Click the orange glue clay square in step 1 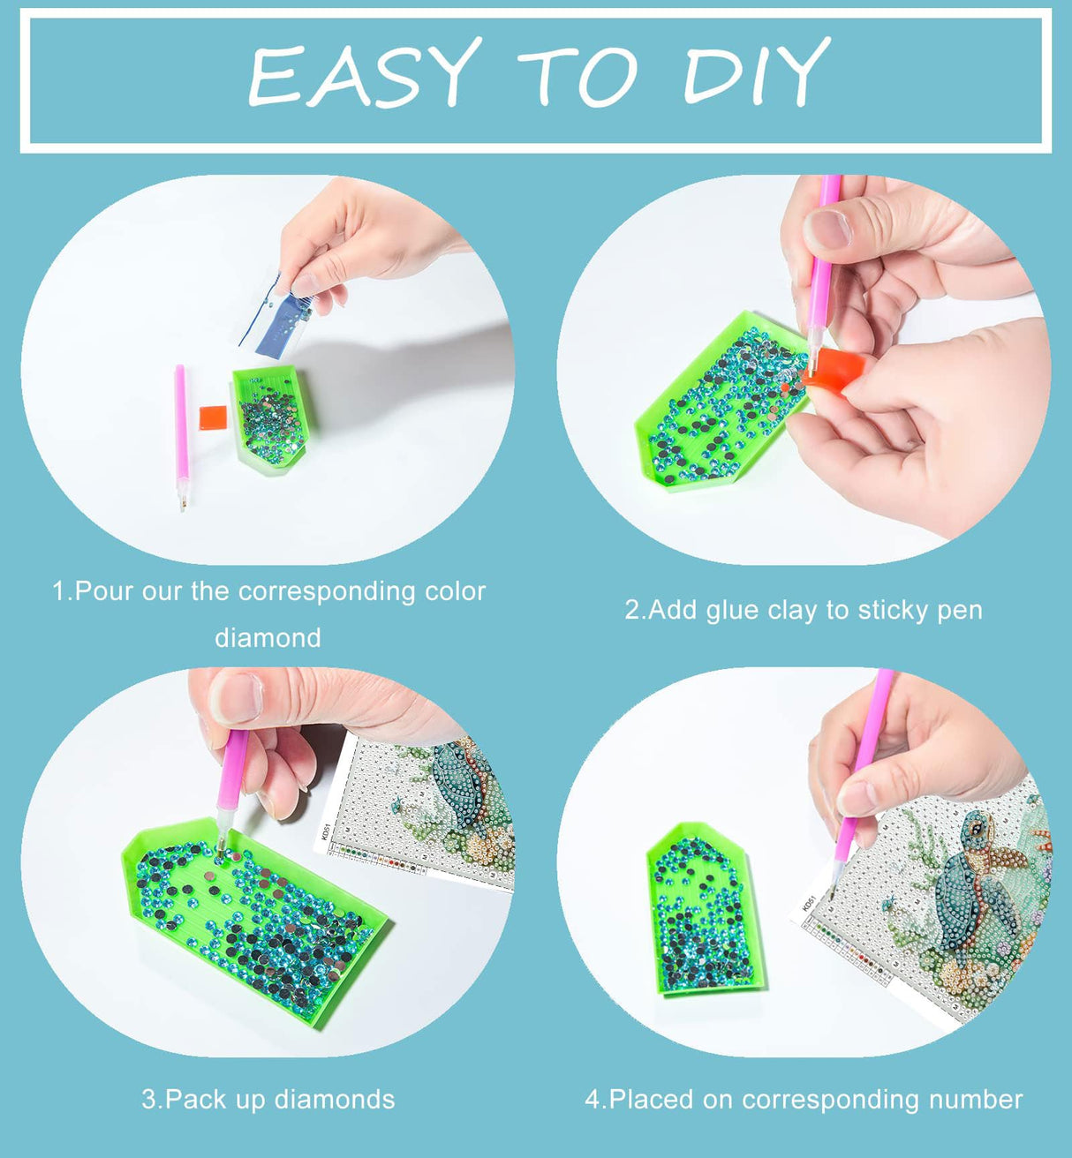point(213,417)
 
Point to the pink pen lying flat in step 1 point(182,437)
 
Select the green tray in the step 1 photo point(273,419)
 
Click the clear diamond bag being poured point(277,315)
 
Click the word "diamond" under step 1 point(268,638)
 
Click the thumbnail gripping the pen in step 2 point(827,229)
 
